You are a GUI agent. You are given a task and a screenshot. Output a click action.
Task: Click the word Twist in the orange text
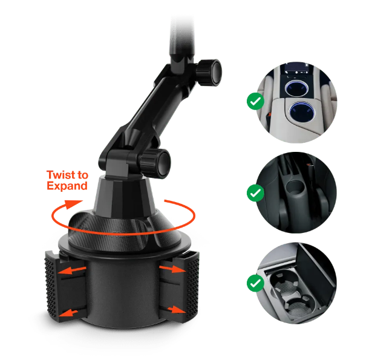point(60,175)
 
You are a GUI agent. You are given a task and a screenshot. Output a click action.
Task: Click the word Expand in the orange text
point(67,186)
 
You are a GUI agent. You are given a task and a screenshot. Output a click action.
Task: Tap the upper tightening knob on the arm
point(209,73)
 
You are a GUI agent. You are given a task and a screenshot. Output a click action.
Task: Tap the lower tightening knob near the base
point(155,163)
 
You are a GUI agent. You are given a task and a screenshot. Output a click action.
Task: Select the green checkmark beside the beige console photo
point(255,101)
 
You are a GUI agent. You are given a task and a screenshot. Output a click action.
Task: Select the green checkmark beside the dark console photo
point(255,192)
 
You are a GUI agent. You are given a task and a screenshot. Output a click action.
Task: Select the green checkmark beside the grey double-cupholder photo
point(255,283)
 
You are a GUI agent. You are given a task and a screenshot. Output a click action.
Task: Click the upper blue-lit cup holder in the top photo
point(296,88)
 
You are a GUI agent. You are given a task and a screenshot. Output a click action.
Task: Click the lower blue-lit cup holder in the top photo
point(302,111)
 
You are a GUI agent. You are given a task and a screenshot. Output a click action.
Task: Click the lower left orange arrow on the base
point(68,313)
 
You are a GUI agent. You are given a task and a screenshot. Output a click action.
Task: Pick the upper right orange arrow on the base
point(172,269)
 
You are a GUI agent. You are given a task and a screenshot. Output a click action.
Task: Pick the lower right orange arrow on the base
point(177,310)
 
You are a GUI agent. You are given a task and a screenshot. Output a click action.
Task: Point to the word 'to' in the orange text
point(82,175)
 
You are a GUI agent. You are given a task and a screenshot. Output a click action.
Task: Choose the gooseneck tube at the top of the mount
point(182,38)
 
